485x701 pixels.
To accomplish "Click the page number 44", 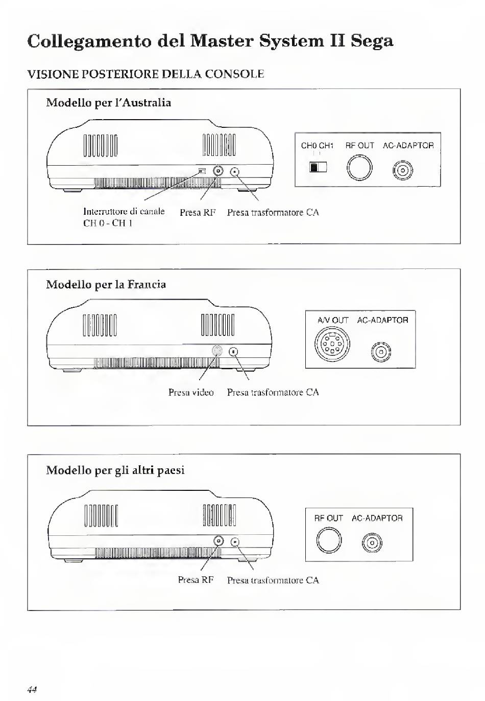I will coord(32,689).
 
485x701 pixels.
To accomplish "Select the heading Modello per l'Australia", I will coord(108,103).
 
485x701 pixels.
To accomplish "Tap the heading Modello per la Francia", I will coord(106,284).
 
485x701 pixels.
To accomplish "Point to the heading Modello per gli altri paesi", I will coord(115,470).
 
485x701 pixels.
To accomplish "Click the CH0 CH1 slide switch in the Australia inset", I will coord(318,167).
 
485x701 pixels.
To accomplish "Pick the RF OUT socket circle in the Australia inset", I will coord(359,168).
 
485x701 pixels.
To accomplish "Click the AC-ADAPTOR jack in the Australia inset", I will coord(403,171).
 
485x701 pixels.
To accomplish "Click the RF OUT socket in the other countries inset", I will coord(329,540).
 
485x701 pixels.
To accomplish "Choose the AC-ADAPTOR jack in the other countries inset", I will coord(372,543).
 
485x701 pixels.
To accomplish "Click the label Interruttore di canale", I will coord(124,212).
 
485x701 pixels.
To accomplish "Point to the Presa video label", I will coord(191,393).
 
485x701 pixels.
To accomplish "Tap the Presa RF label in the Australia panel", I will coord(197,213).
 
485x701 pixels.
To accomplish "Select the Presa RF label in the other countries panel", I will coord(196,580).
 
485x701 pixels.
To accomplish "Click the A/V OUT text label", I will coord(333,321).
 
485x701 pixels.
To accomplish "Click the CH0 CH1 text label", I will coord(317,146).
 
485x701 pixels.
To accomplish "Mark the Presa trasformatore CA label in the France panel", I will coord(273,393).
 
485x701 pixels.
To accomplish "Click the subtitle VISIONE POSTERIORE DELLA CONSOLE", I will coord(145,74).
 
